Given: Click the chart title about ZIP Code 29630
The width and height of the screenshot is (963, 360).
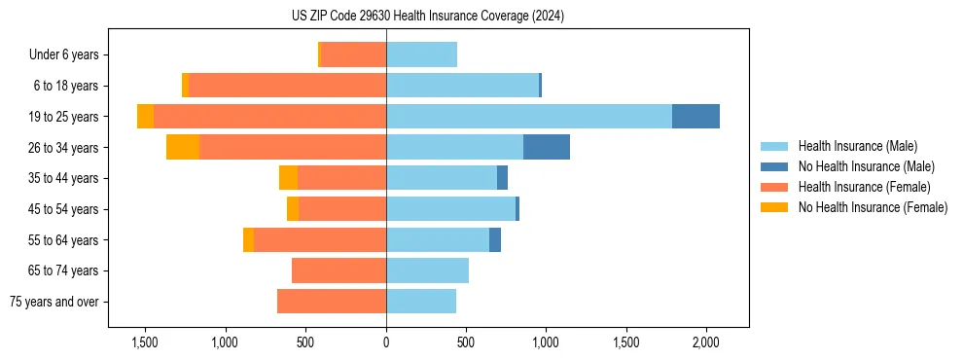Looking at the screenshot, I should [x=428, y=17].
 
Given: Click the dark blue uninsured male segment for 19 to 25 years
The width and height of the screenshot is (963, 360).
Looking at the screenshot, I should [x=695, y=116].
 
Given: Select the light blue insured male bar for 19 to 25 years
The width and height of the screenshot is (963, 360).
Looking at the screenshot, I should [x=529, y=116].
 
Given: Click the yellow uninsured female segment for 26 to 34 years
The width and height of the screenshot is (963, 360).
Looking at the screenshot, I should [x=183, y=147].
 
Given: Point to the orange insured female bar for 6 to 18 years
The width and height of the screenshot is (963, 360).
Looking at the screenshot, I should [x=287, y=86].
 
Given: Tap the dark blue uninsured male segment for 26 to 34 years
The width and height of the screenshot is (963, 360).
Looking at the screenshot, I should [x=547, y=147].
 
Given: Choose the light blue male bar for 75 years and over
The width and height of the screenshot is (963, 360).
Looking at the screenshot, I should [x=421, y=302].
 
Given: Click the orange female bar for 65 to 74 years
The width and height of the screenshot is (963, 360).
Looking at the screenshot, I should [x=339, y=270].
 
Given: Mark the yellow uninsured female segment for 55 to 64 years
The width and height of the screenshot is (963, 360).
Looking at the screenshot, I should [x=248, y=239].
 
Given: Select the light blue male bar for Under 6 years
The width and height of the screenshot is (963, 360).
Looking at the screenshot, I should [x=421, y=54].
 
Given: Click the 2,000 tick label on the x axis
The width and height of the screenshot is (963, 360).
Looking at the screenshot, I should [x=705, y=342].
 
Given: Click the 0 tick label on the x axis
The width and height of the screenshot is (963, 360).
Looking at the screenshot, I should [x=386, y=342].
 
